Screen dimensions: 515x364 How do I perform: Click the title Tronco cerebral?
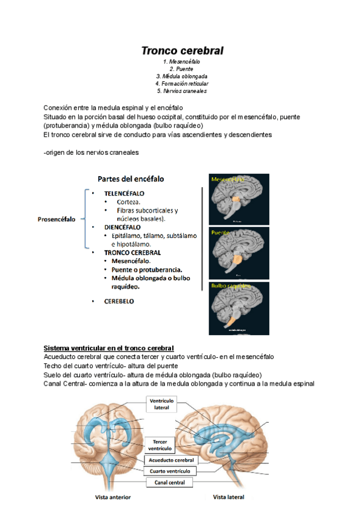[x=183, y=50]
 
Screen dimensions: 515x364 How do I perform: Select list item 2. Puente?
[x=182, y=69]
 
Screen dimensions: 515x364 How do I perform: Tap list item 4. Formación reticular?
[x=182, y=84]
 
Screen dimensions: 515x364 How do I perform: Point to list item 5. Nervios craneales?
[x=182, y=91]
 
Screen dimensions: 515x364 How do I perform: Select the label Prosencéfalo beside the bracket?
[x=56, y=220]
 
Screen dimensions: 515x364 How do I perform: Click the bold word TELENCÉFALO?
[x=124, y=194]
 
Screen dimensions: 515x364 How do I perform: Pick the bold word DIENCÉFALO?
[x=123, y=227]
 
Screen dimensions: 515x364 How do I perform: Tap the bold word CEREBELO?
[x=119, y=301]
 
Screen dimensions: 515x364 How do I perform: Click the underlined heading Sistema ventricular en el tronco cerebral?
[x=109, y=348]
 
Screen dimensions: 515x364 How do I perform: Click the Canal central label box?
[x=169, y=482]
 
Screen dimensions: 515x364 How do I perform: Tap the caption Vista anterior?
[x=113, y=497]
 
